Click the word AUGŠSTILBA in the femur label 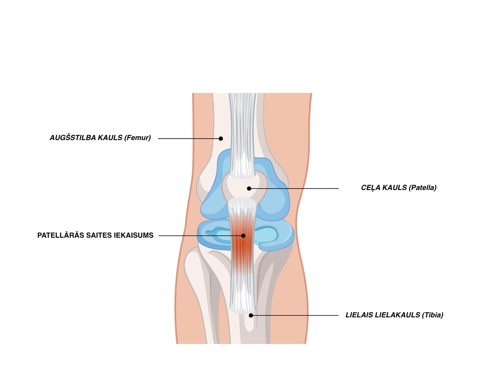[x=72, y=138]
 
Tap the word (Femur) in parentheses [x=138, y=138]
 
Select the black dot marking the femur [x=221, y=139]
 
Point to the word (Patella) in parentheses [x=423, y=188]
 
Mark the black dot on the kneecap [x=249, y=189]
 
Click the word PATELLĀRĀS [x=61, y=235]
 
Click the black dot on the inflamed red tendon [x=243, y=236]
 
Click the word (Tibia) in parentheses [x=433, y=315]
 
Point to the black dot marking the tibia [x=251, y=315]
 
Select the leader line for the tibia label [x=296, y=315]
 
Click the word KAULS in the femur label [x=110, y=138]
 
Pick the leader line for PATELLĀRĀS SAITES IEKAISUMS [x=200, y=236]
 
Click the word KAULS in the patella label [x=394, y=188]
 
